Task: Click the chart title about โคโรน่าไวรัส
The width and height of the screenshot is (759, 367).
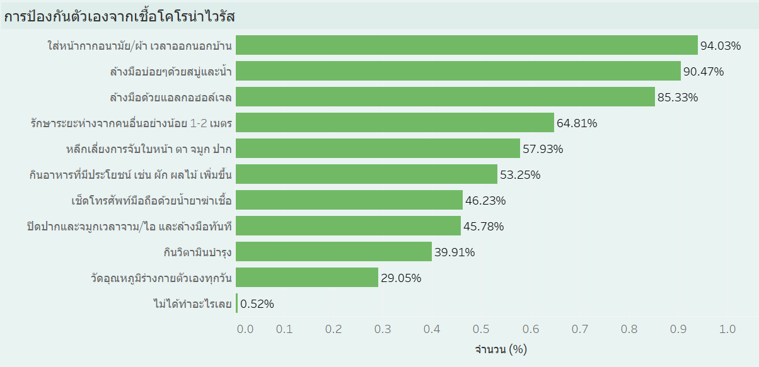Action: pyautogui.click(x=120, y=16)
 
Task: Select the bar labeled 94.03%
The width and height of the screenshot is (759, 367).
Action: pyautogui.click(x=466, y=45)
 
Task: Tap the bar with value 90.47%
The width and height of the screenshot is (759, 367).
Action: pyautogui.click(x=458, y=71)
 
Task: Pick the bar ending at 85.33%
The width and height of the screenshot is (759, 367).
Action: pyautogui.click(x=445, y=97)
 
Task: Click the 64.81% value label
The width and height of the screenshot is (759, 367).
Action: pyautogui.click(x=577, y=123)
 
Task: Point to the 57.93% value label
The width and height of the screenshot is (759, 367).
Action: pyautogui.click(x=543, y=149)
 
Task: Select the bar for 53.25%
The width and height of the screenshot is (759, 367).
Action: pyautogui.click(x=367, y=174)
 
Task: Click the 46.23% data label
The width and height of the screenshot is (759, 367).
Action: pyautogui.click(x=485, y=201)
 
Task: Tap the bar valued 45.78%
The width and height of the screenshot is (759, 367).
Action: pyautogui.click(x=349, y=226)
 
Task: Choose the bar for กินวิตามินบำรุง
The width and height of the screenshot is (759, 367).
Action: pyautogui.click(x=334, y=252)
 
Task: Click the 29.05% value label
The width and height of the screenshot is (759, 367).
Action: pyautogui.click(x=401, y=278)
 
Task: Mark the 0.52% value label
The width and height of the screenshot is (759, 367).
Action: pyautogui.click(x=257, y=304)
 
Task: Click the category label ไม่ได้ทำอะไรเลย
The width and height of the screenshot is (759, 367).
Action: pyautogui.click(x=193, y=304)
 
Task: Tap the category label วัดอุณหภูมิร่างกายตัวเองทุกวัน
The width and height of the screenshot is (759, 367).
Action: pyautogui.click(x=162, y=278)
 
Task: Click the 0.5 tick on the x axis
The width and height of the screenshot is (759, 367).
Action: pyautogui.click(x=481, y=329)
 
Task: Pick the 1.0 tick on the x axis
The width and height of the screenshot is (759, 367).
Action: pyautogui.click(x=727, y=329)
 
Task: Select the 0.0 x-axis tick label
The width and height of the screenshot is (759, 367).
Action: pyautogui.click(x=245, y=329)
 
